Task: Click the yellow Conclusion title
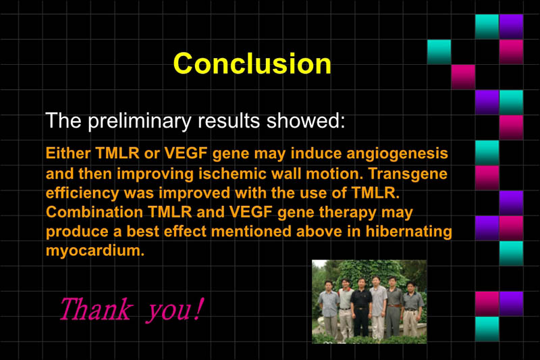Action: coord(252,63)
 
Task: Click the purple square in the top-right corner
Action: coord(511,26)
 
